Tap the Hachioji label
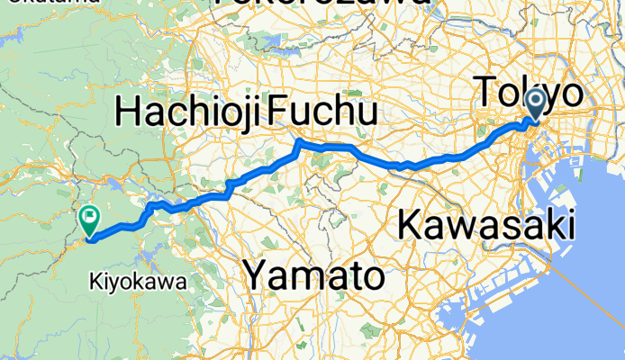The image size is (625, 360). tap(189, 114)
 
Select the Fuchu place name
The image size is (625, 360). tap(321, 114)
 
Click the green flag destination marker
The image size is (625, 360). tap(89, 218)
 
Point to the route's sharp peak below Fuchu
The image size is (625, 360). tap(299, 142)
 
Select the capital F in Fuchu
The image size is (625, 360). tap(277, 114)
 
